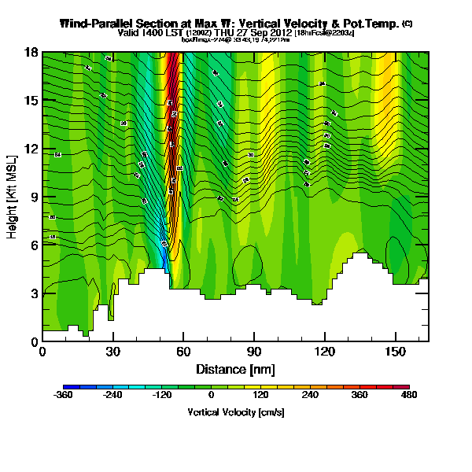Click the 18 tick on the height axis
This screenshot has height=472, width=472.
(x=31, y=53)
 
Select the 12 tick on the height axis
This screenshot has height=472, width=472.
(x=31, y=149)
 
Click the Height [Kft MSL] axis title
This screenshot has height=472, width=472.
(x=13, y=197)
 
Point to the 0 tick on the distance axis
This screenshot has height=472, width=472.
(x=42, y=352)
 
